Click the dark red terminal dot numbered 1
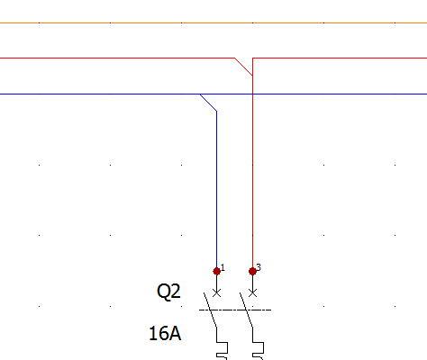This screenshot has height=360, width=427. (216, 271)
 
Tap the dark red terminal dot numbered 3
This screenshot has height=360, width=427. (252, 271)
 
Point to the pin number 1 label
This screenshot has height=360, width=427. (223, 267)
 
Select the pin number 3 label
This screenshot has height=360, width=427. (259, 267)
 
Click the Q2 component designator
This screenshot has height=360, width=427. (168, 291)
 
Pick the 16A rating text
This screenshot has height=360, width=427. (165, 333)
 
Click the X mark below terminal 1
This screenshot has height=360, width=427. (216, 292)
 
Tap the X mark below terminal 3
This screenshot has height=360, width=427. (252, 292)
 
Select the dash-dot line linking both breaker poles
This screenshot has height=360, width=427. (235, 310)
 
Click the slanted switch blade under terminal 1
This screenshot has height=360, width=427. (210, 310)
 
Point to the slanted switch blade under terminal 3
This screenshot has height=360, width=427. (246, 310)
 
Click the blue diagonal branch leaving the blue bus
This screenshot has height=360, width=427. (208, 103)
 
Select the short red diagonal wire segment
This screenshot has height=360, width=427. (243, 67)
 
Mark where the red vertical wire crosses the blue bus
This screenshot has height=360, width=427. (252, 94)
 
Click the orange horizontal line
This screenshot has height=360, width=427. (213, 22)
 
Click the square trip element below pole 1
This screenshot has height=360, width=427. (223, 348)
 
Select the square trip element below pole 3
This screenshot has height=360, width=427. (259, 348)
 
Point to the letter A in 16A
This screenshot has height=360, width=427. (175, 333)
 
